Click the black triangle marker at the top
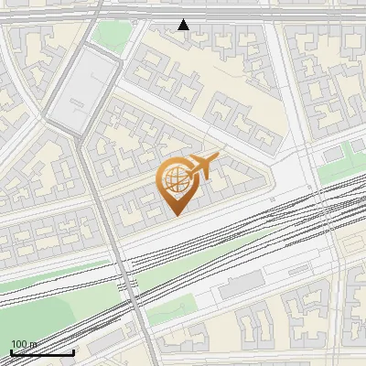[184, 25]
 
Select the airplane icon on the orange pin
[200, 167]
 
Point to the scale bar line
[42, 352]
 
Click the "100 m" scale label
[23, 344]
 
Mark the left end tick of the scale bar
[11, 351]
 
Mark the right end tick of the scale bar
[73, 351]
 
